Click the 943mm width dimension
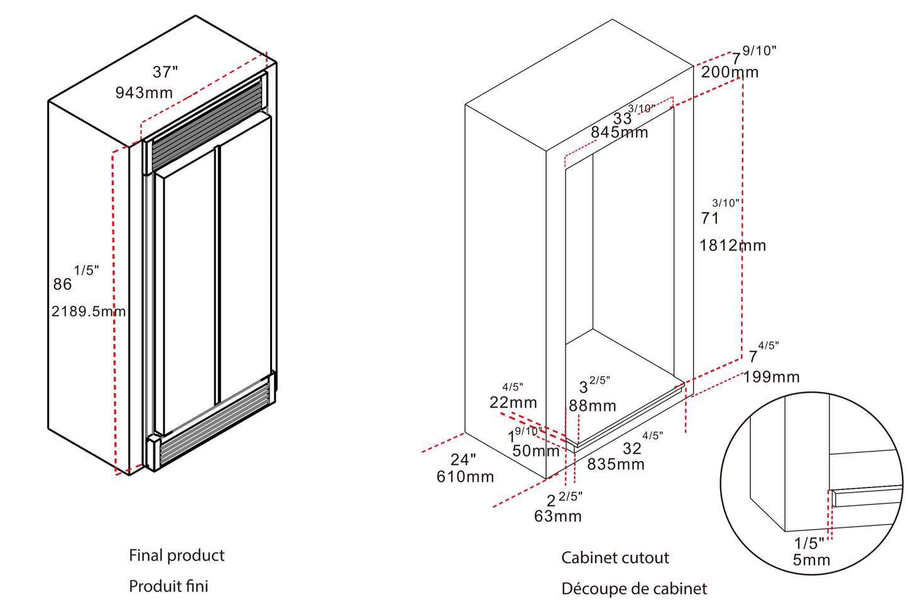point(144,93)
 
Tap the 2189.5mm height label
point(89,311)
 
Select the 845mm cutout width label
point(619,132)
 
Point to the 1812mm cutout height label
point(733,245)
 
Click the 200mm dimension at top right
point(730,72)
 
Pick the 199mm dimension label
point(771,377)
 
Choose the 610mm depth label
point(465,477)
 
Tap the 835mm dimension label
point(616,464)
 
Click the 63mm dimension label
point(558,516)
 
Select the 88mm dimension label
point(593,406)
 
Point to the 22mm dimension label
point(513,403)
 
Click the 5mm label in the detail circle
point(811,560)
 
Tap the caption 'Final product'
point(177,555)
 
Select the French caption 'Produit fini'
point(168,586)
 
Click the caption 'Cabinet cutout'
point(615,558)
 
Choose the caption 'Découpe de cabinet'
point(634,589)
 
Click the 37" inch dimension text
point(165,72)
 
